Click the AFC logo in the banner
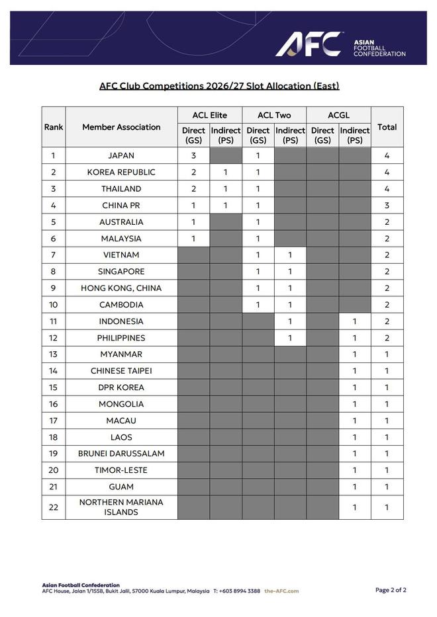click(x=309, y=44)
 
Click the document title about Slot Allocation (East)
click(x=219, y=86)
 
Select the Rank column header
click(x=54, y=127)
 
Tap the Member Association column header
click(x=121, y=127)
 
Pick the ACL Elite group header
click(x=209, y=115)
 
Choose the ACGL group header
click(x=338, y=115)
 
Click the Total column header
click(x=387, y=127)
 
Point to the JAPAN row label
click(x=121, y=156)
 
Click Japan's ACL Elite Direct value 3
click(x=193, y=156)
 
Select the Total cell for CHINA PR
click(x=387, y=206)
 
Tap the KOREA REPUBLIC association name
click(x=121, y=173)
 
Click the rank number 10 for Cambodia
click(x=54, y=305)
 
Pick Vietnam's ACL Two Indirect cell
click(x=290, y=255)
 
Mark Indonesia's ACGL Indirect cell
click(x=354, y=321)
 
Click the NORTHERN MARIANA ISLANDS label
click(x=121, y=507)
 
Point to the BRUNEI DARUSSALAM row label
click(x=121, y=454)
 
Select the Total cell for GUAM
click(x=387, y=487)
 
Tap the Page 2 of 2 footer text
click(x=391, y=590)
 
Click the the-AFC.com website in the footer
click(x=281, y=591)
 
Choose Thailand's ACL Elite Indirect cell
click(x=226, y=189)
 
